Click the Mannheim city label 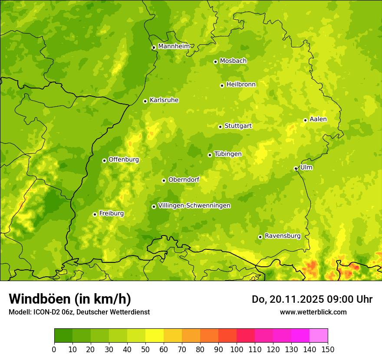coord(174,46)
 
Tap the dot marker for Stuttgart coord(220,127)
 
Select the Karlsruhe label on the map coord(164,100)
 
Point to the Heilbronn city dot coord(222,85)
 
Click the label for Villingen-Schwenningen coord(194,206)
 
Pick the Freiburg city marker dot coord(95,214)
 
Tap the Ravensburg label coord(283,236)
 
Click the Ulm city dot coord(296,168)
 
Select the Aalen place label coord(318,119)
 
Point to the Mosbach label coord(233,61)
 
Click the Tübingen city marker coord(210,155)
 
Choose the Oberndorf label coord(184,180)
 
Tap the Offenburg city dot coord(104,160)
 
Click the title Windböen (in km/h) coord(70,299)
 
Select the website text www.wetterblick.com coord(313,312)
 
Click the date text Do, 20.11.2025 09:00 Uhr coord(312,299)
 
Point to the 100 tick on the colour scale coord(237,349)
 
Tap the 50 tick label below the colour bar coord(145,349)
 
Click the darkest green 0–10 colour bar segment coord(63,336)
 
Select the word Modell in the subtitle coord(19,312)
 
